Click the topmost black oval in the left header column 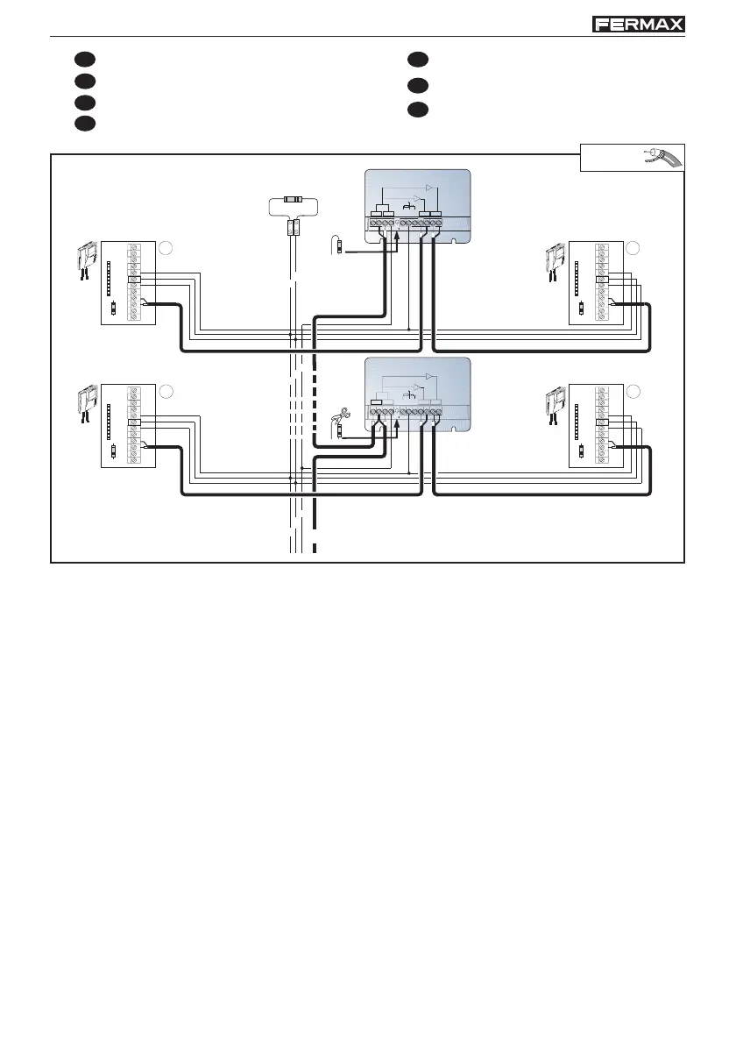coord(83,60)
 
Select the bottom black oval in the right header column coord(417,110)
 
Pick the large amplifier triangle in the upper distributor coord(429,188)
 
